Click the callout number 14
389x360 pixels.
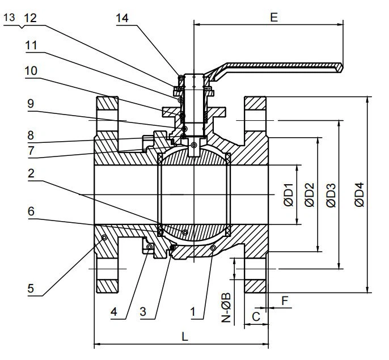pyautogui.click(x=122, y=18)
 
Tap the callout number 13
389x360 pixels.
pyautogui.click(x=10, y=18)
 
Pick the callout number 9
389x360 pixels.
pyautogui.click(x=31, y=104)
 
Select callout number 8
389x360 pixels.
pyautogui.click(x=31, y=136)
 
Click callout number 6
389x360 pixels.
pyautogui.click(x=31, y=211)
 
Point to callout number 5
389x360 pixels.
pyautogui.click(x=31, y=288)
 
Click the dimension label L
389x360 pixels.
pyautogui.click(x=184, y=336)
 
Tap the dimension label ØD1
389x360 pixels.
pyautogui.click(x=289, y=194)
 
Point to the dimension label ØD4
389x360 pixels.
pyautogui.click(x=360, y=194)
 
